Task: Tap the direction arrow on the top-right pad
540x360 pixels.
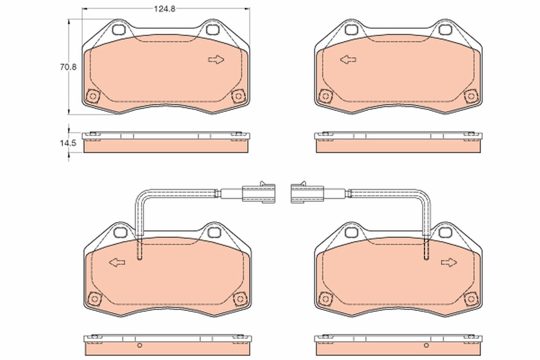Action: pos(348,60)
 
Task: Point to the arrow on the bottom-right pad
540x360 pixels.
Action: pos(449,262)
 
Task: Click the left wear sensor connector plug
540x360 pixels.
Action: pos(258,192)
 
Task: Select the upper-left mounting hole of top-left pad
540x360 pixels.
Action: pos(120,30)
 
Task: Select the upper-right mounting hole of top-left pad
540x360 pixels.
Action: pos(212,30)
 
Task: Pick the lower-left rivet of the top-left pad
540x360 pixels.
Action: pos(93,96)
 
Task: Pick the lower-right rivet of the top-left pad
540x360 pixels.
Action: pos(238,96)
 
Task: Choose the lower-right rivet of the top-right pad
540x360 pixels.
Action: pos(471,96)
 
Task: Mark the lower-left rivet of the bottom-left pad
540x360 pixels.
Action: pos(94,298)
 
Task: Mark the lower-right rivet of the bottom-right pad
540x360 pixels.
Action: pos(471,298)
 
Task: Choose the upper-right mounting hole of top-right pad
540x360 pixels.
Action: pos(445,30)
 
